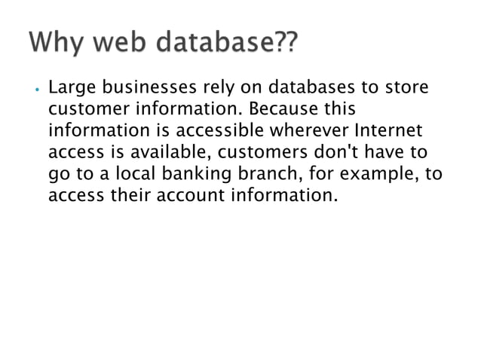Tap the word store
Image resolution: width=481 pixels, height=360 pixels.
click(408, 89)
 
